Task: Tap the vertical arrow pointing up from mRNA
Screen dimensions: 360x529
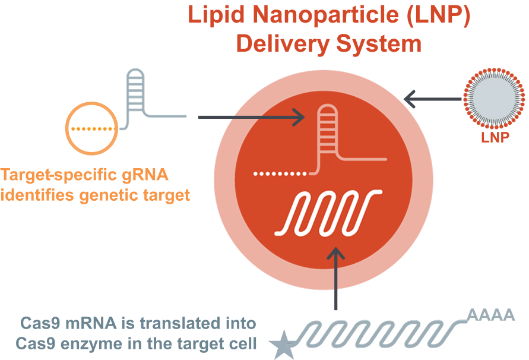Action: (337, 279)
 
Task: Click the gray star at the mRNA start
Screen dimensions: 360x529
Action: (282, 345)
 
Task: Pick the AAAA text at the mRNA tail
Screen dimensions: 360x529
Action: (490, 314)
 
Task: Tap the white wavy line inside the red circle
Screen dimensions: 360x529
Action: (326, 212)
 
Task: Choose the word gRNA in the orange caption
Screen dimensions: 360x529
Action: (141, 176)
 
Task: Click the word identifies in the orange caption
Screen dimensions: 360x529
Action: (35, 195)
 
